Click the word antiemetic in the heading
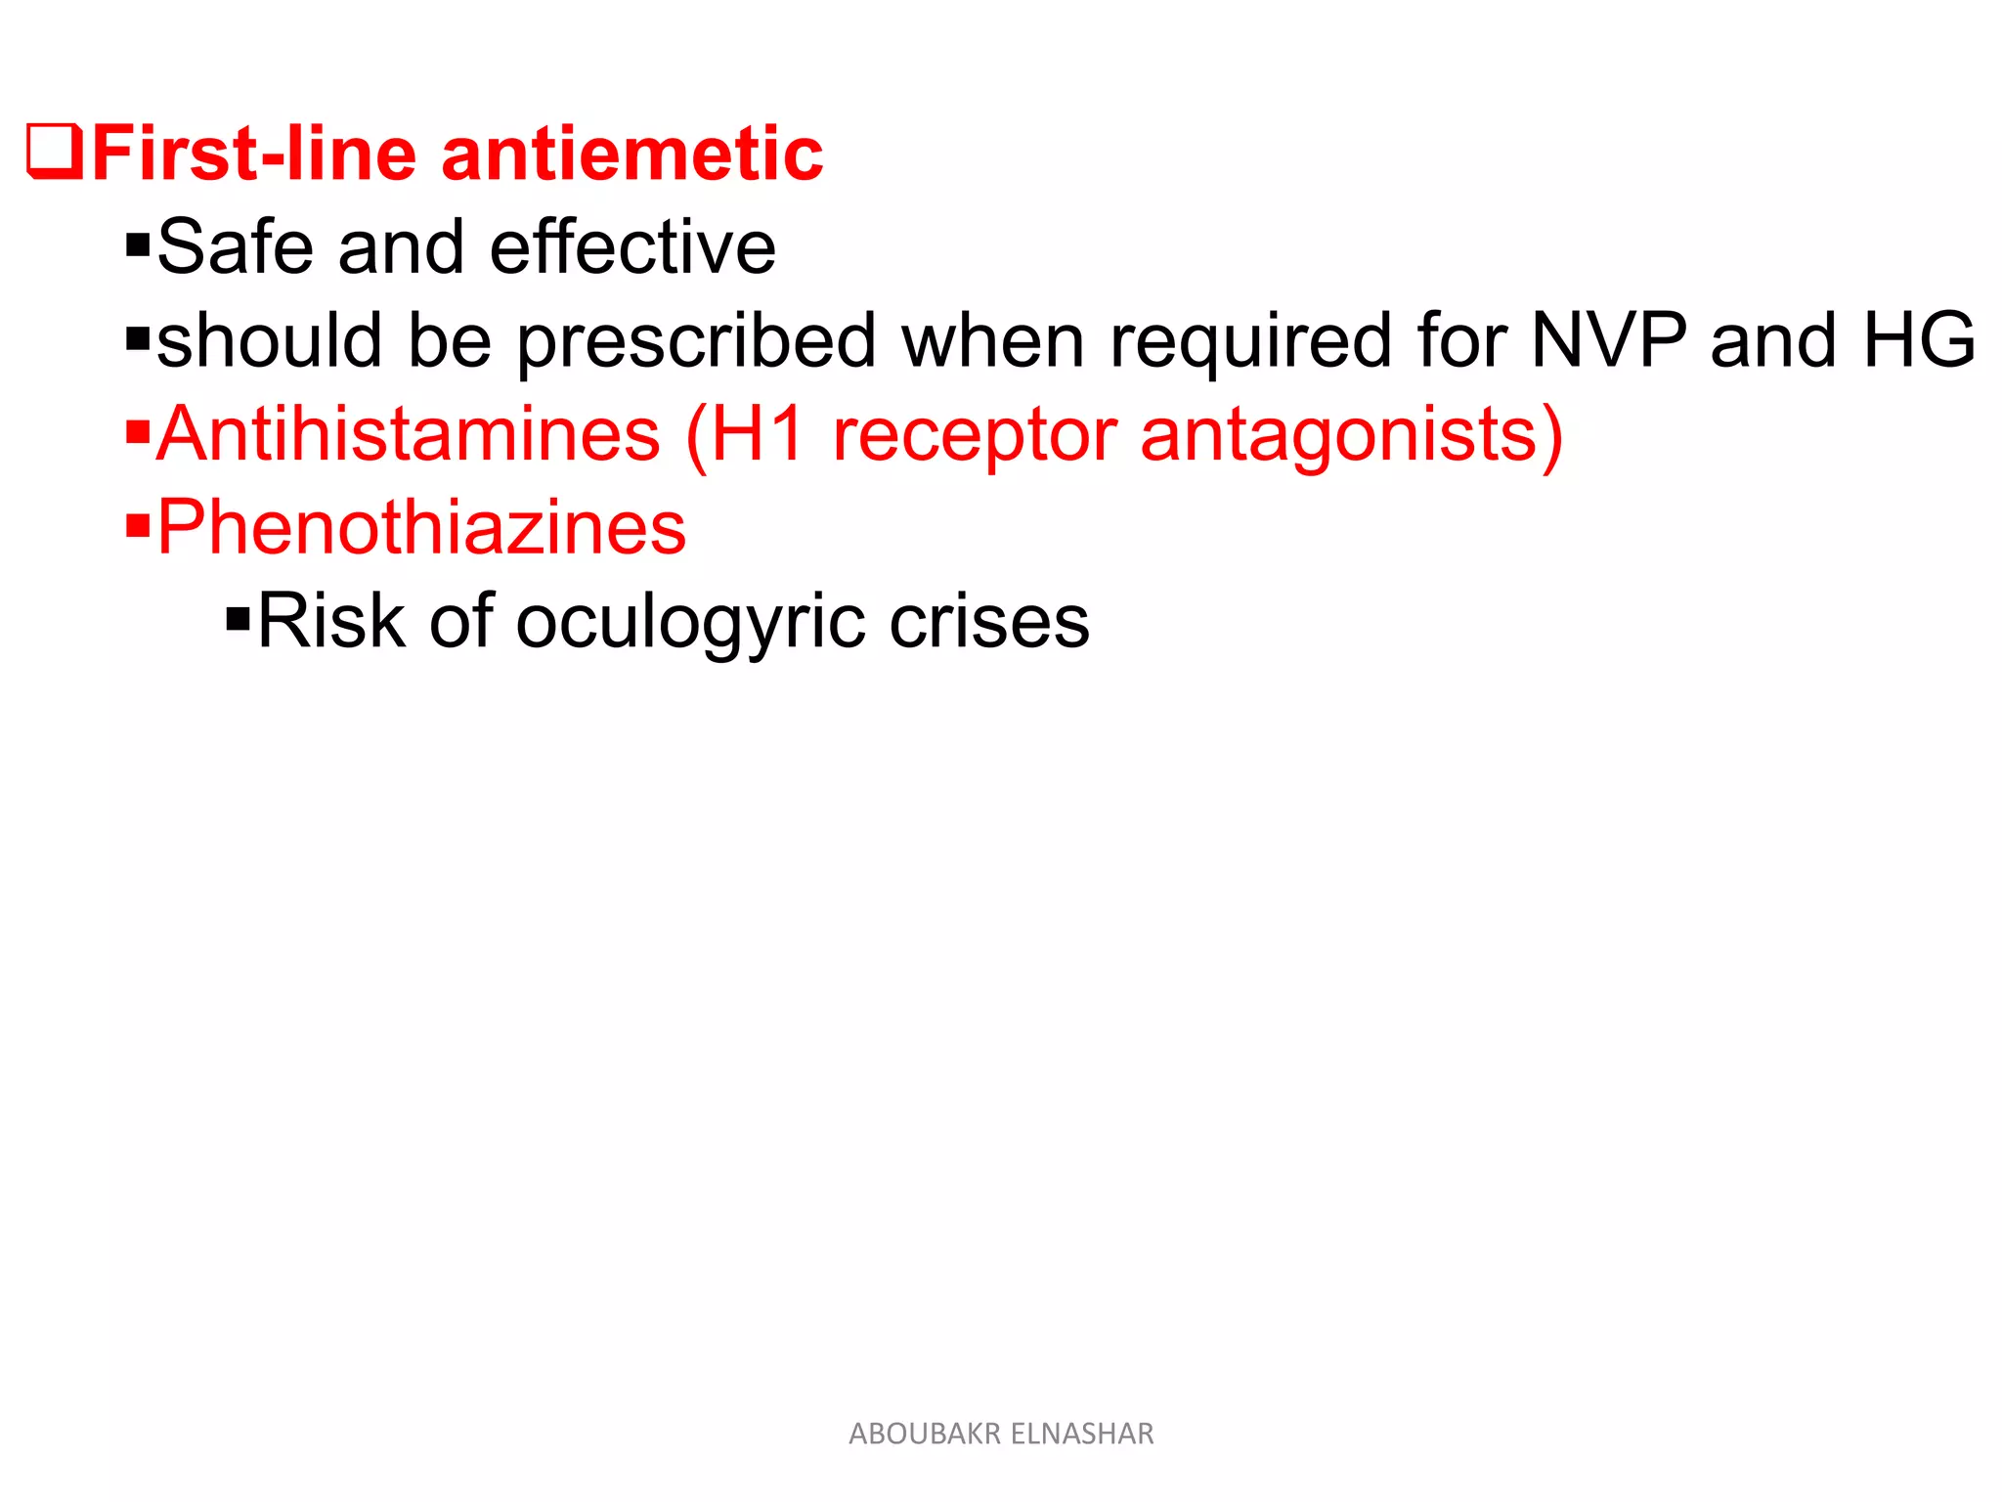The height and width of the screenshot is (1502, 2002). pos(632,155)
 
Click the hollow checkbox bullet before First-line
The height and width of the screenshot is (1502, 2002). pos(55,153)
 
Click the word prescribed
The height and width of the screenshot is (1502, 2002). pos(696,340)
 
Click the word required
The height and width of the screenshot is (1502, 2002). pos(1250,340)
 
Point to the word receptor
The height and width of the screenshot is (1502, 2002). pos(974,435)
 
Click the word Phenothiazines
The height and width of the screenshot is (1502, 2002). pos(421,527)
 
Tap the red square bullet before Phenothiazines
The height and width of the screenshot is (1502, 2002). pos(138,527)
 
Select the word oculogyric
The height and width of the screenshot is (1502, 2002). pos(690,622)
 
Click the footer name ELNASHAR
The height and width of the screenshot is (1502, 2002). pos(1082,1434)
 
